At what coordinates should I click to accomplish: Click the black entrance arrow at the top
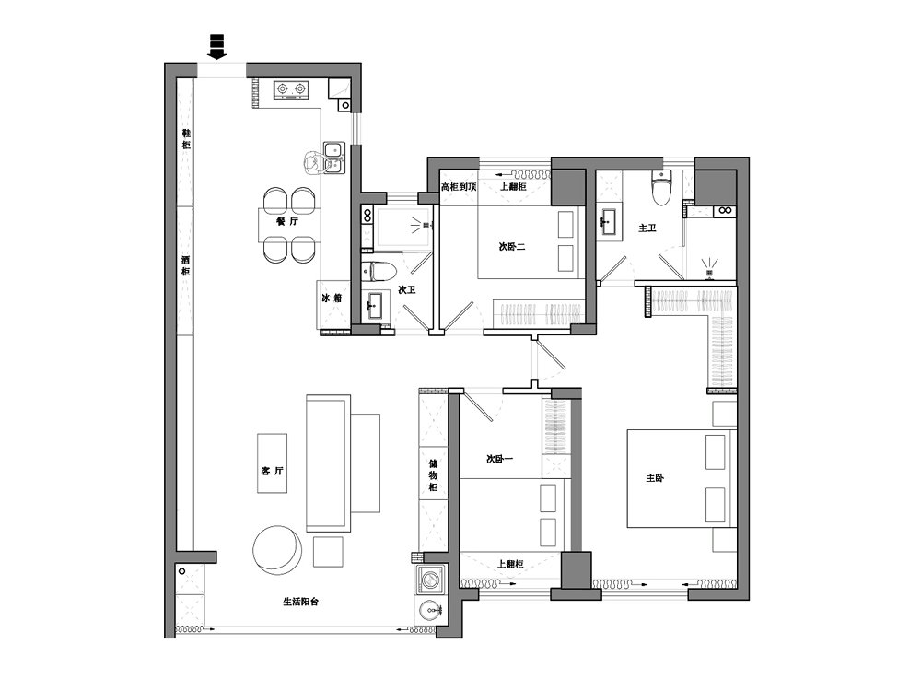pyautogui.click(x=217, y=47)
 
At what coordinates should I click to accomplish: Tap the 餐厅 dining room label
pyautogui.click(x=287, y=221)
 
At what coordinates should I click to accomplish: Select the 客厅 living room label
pyautogui.click(x=272, y=471)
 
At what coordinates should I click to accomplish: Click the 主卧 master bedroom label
pyautogui.click(x=655, y=477)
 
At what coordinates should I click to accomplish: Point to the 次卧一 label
pyautogui.click(x=500, y=458)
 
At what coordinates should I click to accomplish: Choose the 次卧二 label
pyautogui.click(x=511, y=247)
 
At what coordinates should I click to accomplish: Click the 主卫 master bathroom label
pyautogui.click(x=647, y=228)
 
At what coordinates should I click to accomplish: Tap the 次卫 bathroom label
pyautogui.click(x=407, y=289)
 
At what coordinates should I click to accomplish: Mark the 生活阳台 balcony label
pyautogui.click(x=301, y=602)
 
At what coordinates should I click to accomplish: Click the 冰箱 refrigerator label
pyautogui.click(x=332, y=298)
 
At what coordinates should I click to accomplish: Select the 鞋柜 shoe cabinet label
pyautogui.click(x=186, y=139)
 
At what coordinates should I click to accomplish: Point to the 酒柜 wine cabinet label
pyautogui.click(x=186, y=265)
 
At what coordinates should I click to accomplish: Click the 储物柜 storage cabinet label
pyautogui.click(x=433, y=475)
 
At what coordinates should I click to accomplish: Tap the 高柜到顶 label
pyautogui.click(x=459, y=187)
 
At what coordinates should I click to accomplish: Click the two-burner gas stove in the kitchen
pyautogui.click(x=292, y=89)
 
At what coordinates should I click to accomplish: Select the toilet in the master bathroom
pyautogui.click(x=660, y=187)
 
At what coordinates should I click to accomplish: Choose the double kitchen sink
pyautogui.click(x=333, y=158)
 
